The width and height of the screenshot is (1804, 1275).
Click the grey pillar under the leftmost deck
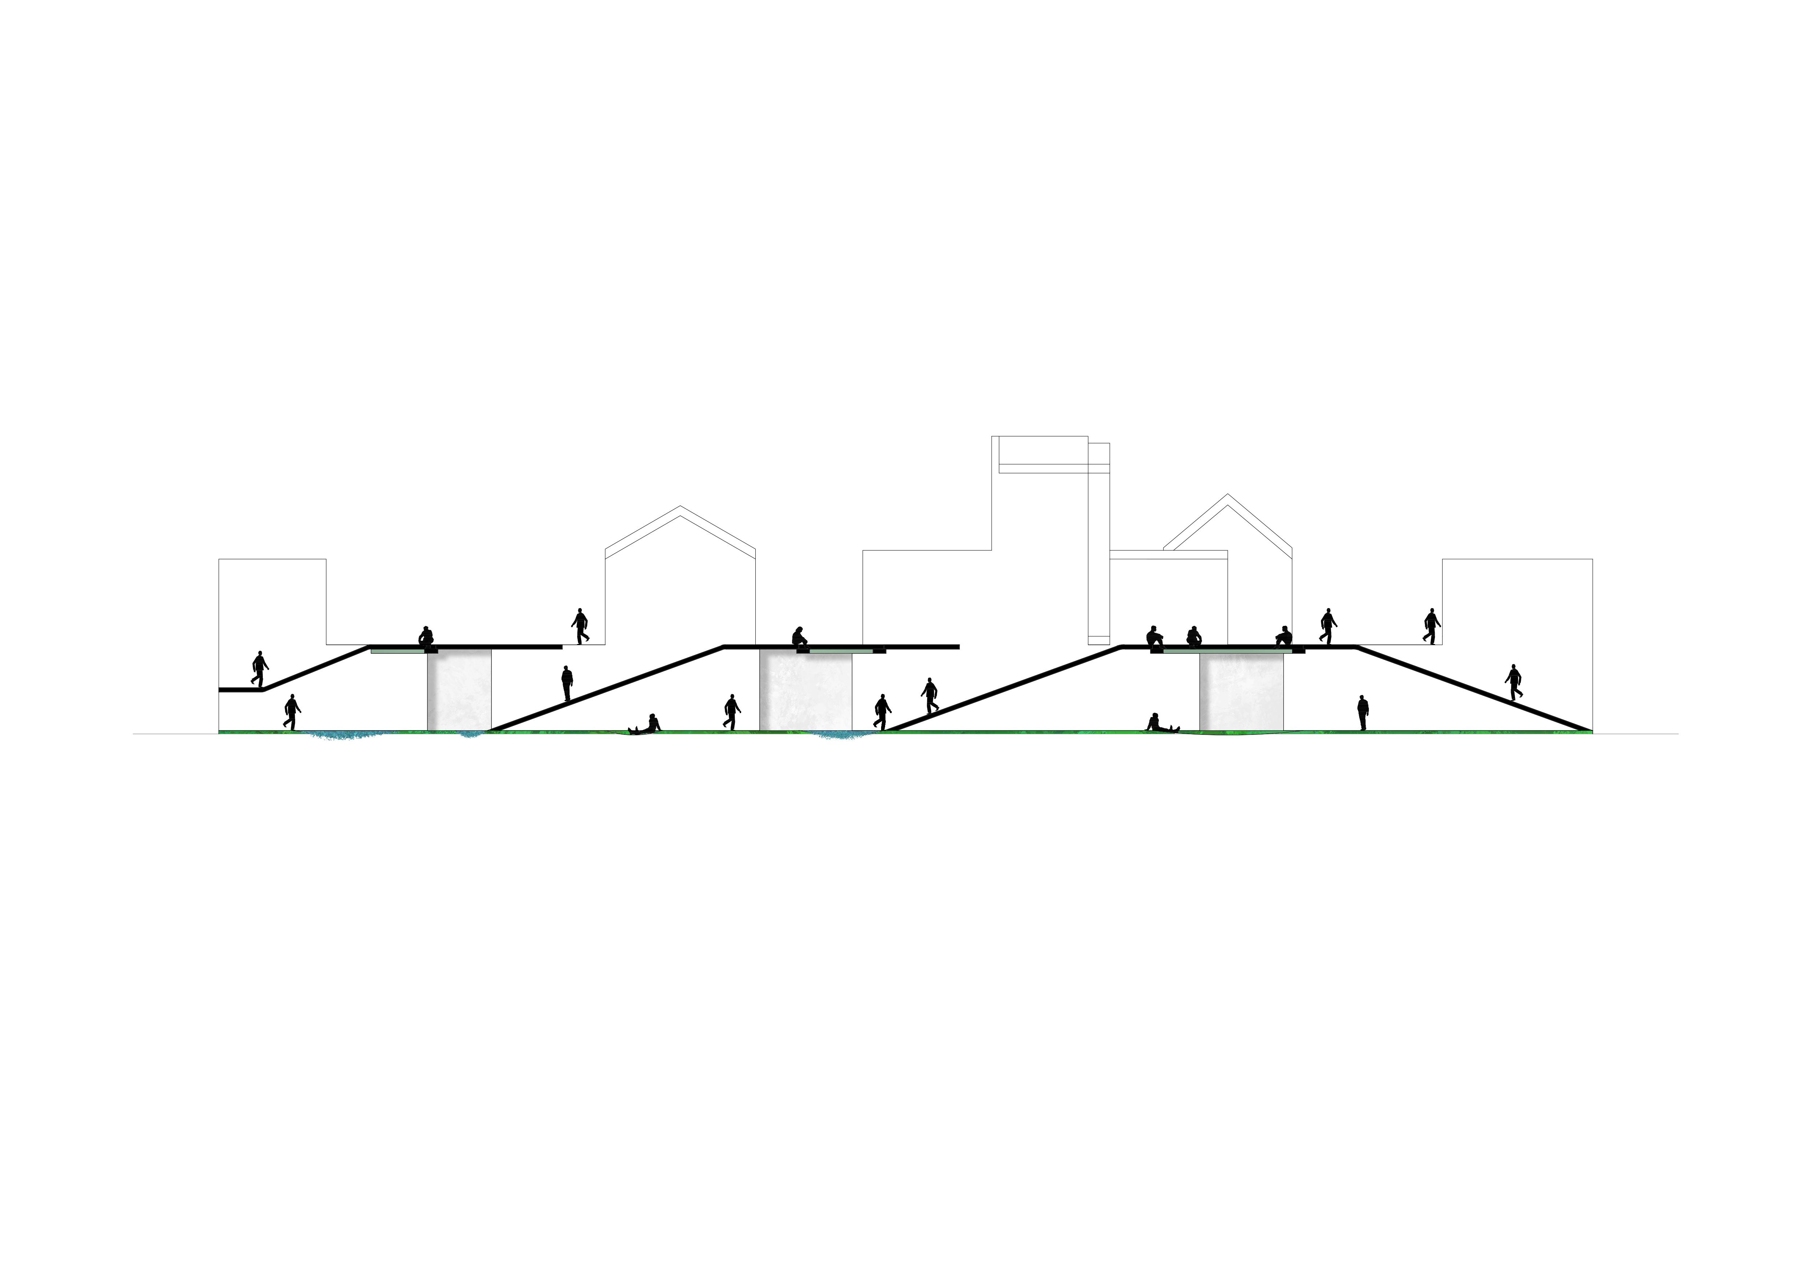[x=459, y=689]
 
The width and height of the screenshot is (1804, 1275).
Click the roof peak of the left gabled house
[x=680, y=507]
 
